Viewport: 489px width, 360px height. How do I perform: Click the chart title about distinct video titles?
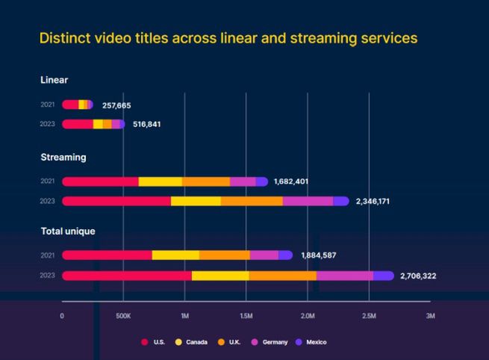click(228, 37)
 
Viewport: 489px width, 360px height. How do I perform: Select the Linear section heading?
click(54, 80)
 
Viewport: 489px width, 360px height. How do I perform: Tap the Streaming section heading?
click(63, 158)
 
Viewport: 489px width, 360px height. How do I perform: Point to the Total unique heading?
click(68, 232)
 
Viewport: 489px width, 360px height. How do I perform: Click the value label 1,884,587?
click(319, 255)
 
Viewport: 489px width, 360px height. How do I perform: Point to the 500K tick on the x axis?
click(123, 316)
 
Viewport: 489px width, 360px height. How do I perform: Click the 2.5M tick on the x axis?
click(369, 316)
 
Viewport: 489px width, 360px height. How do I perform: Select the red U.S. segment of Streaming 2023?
click(117, 201)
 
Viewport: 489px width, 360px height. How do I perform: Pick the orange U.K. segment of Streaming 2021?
click(206, 181)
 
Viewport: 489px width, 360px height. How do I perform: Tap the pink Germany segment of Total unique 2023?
click(344, 276)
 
